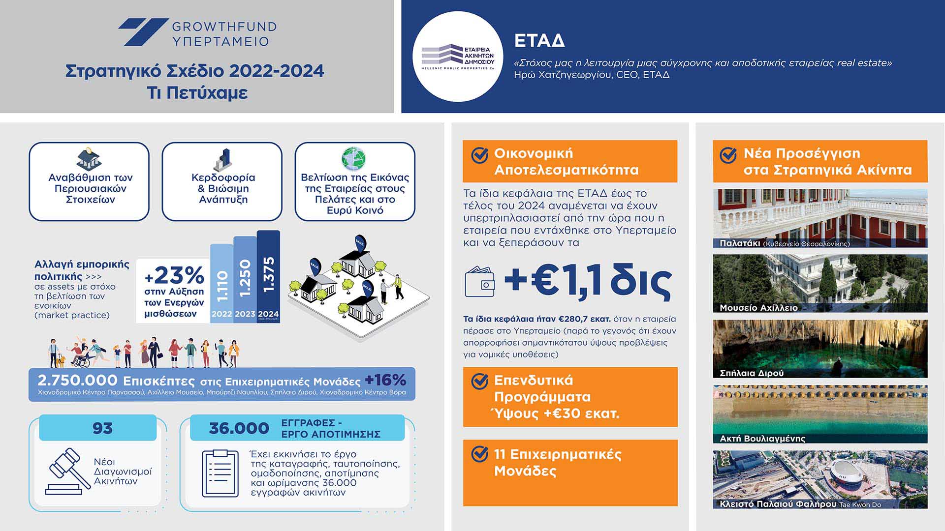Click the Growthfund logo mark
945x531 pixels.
click(143, 32)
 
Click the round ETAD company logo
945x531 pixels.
click(458, 57)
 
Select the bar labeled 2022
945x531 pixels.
click(221, 284)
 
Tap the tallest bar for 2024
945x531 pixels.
click(268, 276)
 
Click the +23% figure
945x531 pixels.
click(175, 275)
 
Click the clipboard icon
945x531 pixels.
click(220, 473)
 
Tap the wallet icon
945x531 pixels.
click(479, 281)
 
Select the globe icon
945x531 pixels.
click(354, 159)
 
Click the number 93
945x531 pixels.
click(102, 428)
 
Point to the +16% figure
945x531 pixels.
click(385, 380)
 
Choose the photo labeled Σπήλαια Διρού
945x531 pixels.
click(820, 349)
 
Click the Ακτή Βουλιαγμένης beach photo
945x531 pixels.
click(820, 414)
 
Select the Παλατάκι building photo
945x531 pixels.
click(820, 218)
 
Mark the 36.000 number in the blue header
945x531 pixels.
click(239, 428)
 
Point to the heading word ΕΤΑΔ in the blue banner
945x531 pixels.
click(539, 41)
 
